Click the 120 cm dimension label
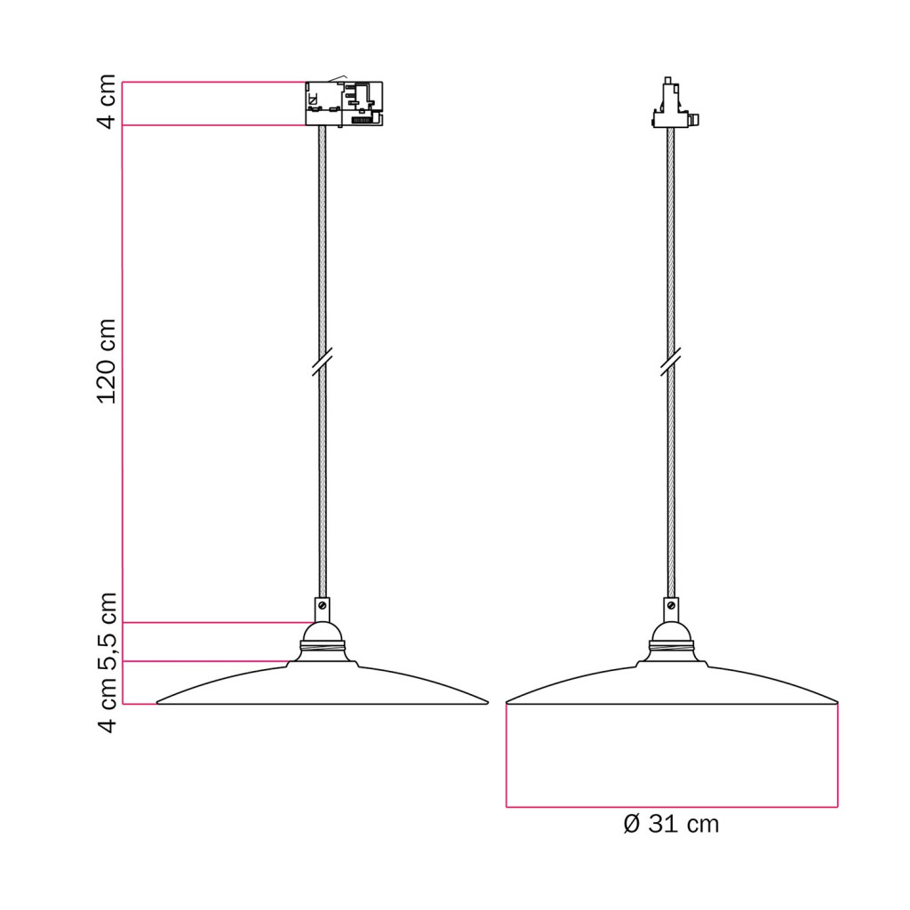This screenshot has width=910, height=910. [108, 361]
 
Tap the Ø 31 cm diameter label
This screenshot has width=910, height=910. [672, 824]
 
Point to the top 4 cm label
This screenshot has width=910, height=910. [108, 102]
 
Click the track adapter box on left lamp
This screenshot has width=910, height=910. [344, 103]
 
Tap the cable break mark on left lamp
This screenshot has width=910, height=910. [322, 362]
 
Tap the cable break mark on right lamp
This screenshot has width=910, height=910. [671, 362]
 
